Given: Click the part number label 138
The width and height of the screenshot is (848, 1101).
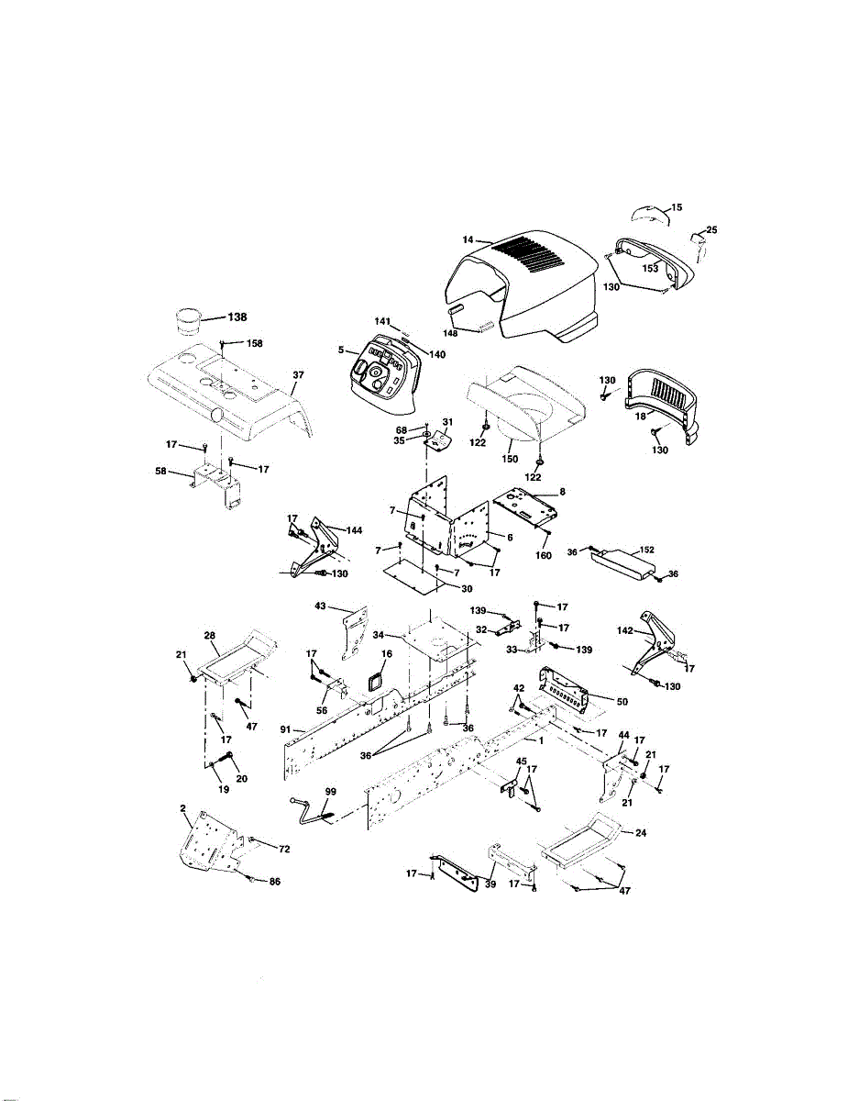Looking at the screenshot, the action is click(x=237, y=317).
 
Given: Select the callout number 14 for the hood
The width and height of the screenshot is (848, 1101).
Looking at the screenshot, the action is click(x=468, y=239).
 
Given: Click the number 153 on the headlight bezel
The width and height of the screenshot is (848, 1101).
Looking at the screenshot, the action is click(x=650, y=268).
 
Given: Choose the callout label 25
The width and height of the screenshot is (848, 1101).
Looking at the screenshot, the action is click(x=711, y=230).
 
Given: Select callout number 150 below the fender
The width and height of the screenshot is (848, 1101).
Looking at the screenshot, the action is click(x=510, y=459).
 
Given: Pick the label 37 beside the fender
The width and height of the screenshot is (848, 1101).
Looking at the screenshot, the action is click(x=298, y=374).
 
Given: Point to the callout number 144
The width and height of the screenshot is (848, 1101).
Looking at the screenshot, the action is click(x=354, y=530).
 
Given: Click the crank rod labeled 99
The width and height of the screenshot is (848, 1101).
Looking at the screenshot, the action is click(x=312, y=811).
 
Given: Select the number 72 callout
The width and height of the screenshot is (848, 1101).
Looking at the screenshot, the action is click(x=284, y=849).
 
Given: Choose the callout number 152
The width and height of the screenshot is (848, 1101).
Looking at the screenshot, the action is click(x=646, y=550).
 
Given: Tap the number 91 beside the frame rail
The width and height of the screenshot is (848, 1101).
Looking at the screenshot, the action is click(x=285, y=729).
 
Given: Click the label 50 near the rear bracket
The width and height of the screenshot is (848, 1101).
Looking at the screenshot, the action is click(x=622, y=701).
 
